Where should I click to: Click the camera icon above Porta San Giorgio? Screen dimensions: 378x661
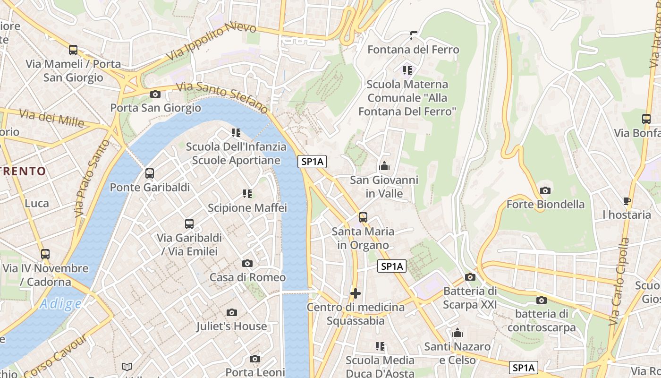pyautogui.click(x=155, y=94)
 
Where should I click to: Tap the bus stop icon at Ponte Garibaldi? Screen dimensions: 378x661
pyautogui.click(x=150, y=173)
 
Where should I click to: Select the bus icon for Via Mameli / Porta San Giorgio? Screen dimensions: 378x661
pyautogui.click(x=73, y=50)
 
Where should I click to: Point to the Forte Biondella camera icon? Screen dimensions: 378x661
pyautogui.click(x=545, y=191)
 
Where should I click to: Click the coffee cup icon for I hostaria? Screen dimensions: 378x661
pyautogui.click(x=627, y=201)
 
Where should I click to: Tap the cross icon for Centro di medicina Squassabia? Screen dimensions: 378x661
pyautogui.click(x=356, y=294)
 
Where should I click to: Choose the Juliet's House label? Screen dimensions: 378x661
pyautogui.click(x=231, y=326)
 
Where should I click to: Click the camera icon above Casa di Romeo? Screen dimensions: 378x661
pyautogui.click(x=247, y=264)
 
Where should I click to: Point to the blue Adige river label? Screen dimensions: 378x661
pyautogui.click(x=60, y=304)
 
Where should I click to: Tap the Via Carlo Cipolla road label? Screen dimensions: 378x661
pyautogui.click(x=619, y=282)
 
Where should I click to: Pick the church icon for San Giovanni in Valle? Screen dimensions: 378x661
pyautogui.click(x=384, y=166)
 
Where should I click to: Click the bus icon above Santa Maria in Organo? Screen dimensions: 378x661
pyautogui.click(x=363, y=217)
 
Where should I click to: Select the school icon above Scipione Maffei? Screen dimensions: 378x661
pyautogui.click(x=247, y=194)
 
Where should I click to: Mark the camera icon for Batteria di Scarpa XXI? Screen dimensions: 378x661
pyautogui.click(x=470, y=277)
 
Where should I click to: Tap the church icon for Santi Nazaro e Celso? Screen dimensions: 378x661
pyautogui.click(x=457, y=333)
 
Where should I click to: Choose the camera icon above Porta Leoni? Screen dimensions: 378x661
pyautogui.click(x=255, y=359)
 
